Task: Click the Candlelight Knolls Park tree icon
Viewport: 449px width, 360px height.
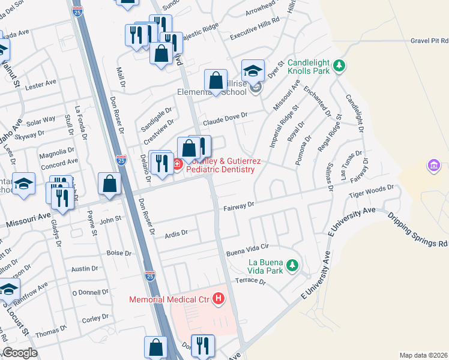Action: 339,64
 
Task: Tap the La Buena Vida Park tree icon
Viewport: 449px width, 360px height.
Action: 292,265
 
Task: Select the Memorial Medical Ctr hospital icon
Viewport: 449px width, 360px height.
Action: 218,298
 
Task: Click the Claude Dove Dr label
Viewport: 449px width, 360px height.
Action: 225,119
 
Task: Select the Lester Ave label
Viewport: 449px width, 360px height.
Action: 41,85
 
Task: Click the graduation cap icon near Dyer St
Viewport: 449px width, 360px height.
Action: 253,71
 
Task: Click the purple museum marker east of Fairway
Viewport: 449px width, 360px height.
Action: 433,164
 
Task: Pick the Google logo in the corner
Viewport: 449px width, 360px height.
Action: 20,353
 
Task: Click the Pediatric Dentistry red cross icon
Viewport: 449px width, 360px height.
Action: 178,164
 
